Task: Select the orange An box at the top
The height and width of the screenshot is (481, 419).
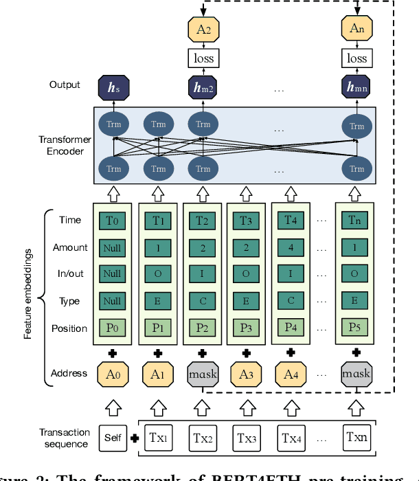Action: coord(356,29)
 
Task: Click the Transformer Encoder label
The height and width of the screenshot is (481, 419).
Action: coord(61,146)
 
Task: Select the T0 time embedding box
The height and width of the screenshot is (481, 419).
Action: coord(112,221)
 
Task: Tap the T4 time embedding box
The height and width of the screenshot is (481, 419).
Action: coord(290,221)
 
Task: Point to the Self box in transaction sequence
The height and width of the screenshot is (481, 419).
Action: coord(112,437)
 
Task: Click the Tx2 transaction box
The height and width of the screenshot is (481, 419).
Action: coord(202,437)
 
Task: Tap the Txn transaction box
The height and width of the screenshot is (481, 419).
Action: coord(356,436)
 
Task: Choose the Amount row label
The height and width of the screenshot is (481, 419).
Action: coord(69,247)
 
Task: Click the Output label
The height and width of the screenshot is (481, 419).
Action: coord(65,85)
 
